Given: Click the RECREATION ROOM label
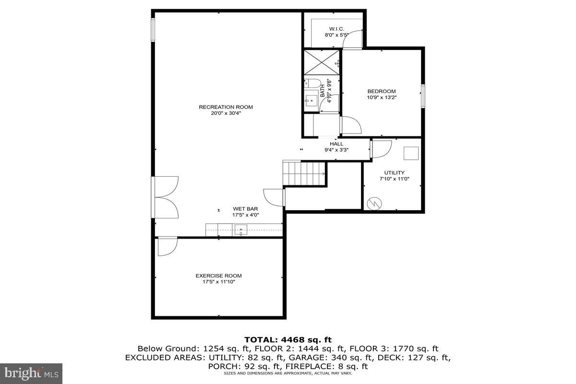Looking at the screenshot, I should [x=226, y=107].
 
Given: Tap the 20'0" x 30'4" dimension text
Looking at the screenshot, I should [x=226, y=113].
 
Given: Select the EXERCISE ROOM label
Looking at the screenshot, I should [x=218, y=276].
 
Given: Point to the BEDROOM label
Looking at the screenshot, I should [x=381, y=91].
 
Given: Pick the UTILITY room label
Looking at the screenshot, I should [x=394, y=173].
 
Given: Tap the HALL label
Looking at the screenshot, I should [x=336, y=144].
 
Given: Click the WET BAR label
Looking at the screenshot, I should [x=246, y=209].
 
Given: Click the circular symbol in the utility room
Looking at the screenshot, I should [x=373, y=204].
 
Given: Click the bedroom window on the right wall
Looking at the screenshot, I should [x=423, y=95].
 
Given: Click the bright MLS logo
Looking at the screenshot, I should [x=31, y=372].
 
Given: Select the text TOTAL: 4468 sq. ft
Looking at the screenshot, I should [x=288, y=340].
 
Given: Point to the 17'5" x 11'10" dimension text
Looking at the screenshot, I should [x=218, y=282].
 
